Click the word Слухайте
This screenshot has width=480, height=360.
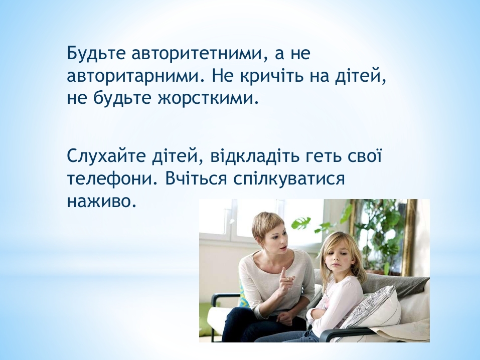(x=107, y=156)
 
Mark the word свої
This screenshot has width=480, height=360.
(x=365, y=156)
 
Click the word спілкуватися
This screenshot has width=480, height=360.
(x=289, y=179)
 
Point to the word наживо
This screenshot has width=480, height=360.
(x=101, y=202)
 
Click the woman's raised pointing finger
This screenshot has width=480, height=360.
(x=284, y=272)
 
